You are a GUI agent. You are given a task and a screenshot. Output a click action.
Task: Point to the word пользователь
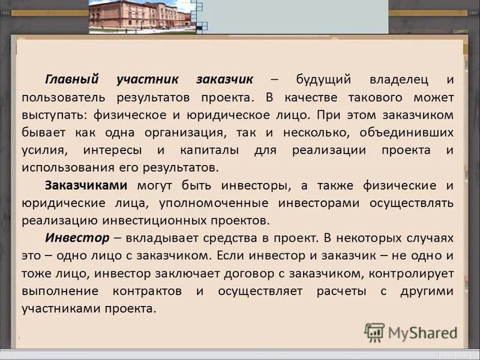point(64,97)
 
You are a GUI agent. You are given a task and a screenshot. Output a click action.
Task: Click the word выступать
point(55,115)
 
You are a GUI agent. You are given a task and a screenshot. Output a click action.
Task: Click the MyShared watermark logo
point(410,332)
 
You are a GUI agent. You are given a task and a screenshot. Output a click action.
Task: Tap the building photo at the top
point(142,16)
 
